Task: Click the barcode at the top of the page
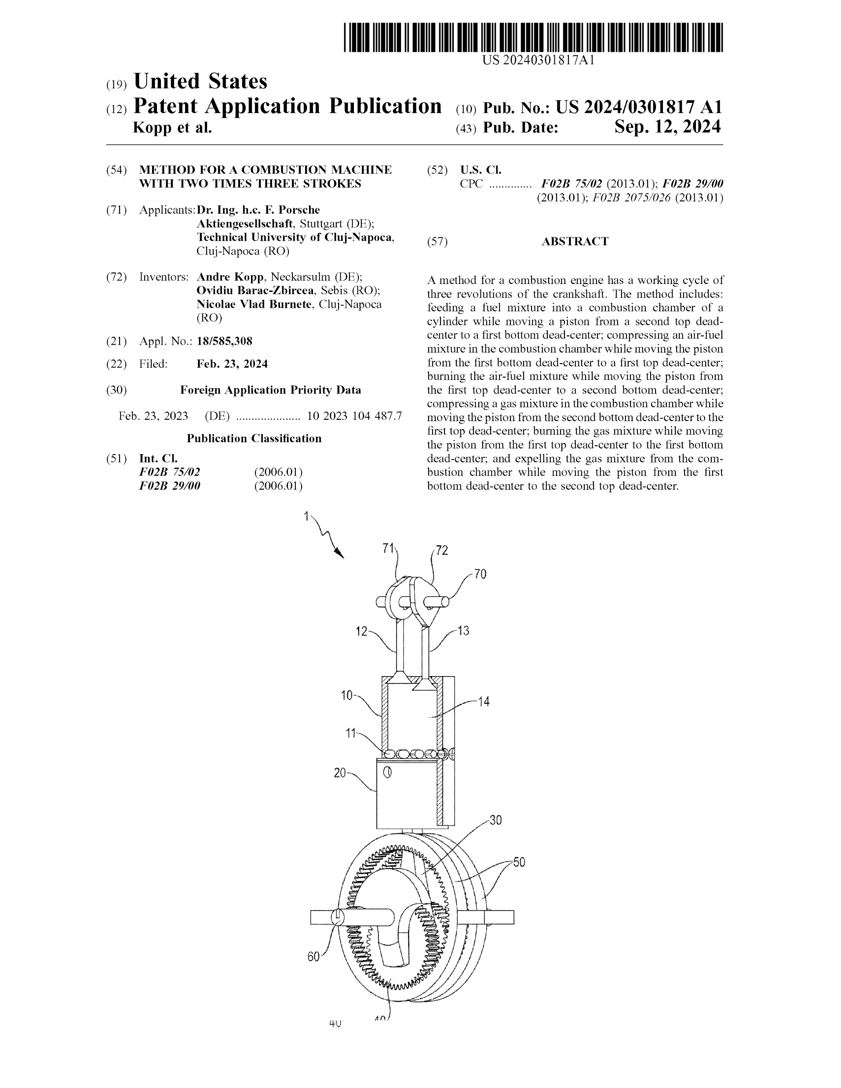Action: point(533,37)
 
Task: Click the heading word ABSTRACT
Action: point(575,242)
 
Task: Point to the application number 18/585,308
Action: point(225,341)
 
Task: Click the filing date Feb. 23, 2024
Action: point(232,364)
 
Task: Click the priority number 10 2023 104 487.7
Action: point(354,416)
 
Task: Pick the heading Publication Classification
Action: point(254,438)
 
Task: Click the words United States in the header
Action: point(200,81)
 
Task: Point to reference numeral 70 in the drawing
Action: point(480,574)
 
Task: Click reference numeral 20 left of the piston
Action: point(339,773)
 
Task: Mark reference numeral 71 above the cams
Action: point(388,549)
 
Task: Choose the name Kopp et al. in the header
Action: point(172,128)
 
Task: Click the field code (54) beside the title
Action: point(116,170)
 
